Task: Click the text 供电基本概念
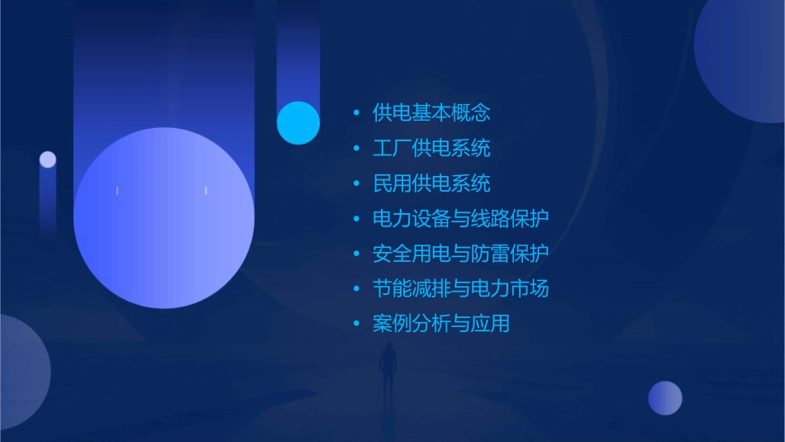[x=431, y=112]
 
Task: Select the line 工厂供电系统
[x=431, y=148]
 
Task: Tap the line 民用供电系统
[x=431, y=183]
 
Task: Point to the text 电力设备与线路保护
[x=460, y=219]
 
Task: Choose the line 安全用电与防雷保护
[x=460, y=254]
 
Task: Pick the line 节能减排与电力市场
[x=460, y=288]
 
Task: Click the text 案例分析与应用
[x=441, y=324]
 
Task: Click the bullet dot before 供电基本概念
[x=356, y=113]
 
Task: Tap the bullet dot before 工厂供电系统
[x=356, y=149]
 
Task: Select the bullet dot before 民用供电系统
[x=356, y=184]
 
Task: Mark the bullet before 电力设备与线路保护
[x=356, y=220]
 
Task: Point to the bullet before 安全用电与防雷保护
[x=356, y=254]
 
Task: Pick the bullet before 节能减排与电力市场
[x=356, y=289]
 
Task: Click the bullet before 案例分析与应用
[x=356, y=325]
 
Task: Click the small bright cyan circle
[x=298, y=122]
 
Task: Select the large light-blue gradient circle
[x=164, y=218]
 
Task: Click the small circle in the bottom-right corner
[x=665, y=397]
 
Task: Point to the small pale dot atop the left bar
[x=48, y=159]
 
